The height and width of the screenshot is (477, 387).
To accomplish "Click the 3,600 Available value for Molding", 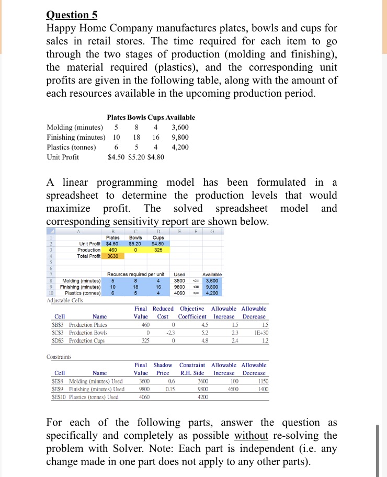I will (x=180, y=127).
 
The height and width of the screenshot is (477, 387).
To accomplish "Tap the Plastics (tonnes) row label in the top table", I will (x=72, y=147).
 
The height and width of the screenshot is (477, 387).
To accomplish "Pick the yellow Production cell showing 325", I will (x=158, y=249).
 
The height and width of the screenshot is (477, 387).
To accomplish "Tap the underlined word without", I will (x=252, y=435).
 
